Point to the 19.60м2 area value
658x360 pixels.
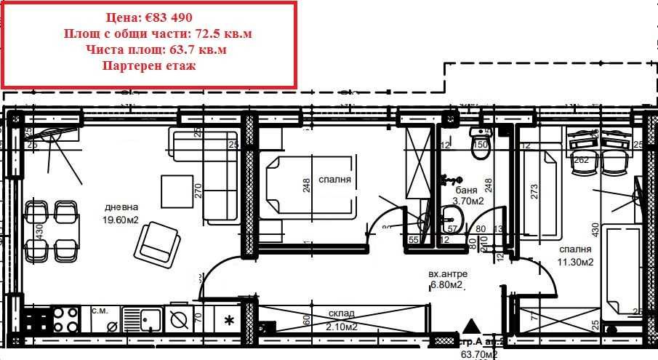pos(121,218)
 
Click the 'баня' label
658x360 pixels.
pos(457,189)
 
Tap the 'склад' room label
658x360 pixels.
pos(342,313)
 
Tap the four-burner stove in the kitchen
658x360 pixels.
pos(63,319)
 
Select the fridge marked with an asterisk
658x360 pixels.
pos(229,320)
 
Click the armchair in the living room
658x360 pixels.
pos(159,241)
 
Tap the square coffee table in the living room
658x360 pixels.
pos(177,191)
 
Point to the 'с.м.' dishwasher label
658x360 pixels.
pos(100,311)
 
